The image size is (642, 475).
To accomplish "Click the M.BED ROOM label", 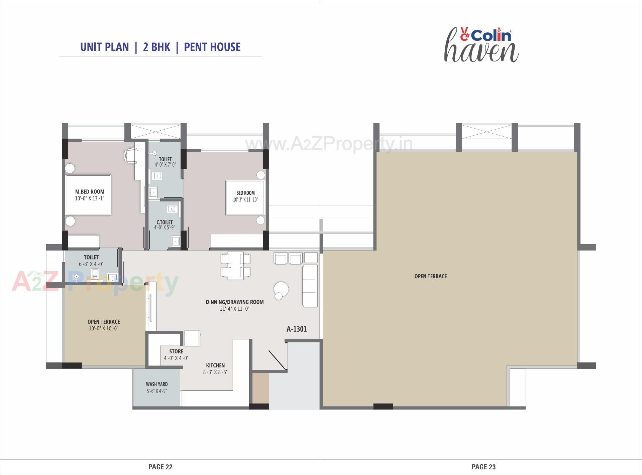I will point(90,192).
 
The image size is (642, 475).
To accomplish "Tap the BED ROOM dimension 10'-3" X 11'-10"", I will point(245,200).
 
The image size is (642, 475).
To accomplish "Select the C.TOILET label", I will point(165,222).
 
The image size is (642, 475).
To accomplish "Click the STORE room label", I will point(176,351).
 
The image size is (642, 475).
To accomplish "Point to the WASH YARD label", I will point(157,384).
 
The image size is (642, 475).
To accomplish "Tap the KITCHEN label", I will point(215,365).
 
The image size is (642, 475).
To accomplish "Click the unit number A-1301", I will point(297,329).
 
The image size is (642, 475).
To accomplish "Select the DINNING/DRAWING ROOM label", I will point(235,302).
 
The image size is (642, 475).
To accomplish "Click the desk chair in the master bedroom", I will point(131,156).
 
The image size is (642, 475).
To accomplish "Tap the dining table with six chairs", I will point(235,266).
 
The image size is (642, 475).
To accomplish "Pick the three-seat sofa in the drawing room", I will point(310,286).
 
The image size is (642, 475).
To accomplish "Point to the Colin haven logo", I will point(481,45).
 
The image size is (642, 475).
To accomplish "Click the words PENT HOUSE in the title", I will point(212,47).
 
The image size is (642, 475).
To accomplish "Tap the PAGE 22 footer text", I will point(160,467).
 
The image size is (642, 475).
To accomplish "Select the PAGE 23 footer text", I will point(484,467).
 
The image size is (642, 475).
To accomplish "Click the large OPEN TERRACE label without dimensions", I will point(430,276).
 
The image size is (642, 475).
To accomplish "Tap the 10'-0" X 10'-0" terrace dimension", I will point(104,328).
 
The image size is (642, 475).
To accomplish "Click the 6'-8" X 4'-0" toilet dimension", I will point(91,264).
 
